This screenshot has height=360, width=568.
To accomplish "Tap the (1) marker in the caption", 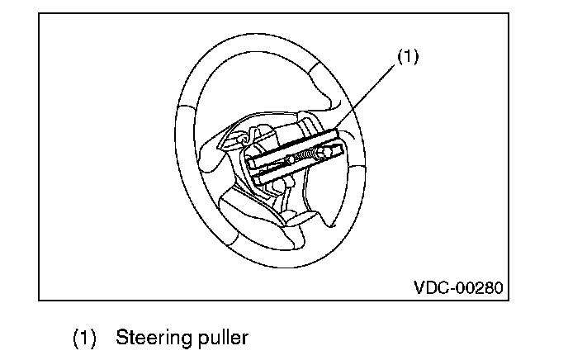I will (85, 338).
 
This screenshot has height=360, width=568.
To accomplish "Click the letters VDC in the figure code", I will (430, 288).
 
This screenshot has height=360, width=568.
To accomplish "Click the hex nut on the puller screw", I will (291, 158).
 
